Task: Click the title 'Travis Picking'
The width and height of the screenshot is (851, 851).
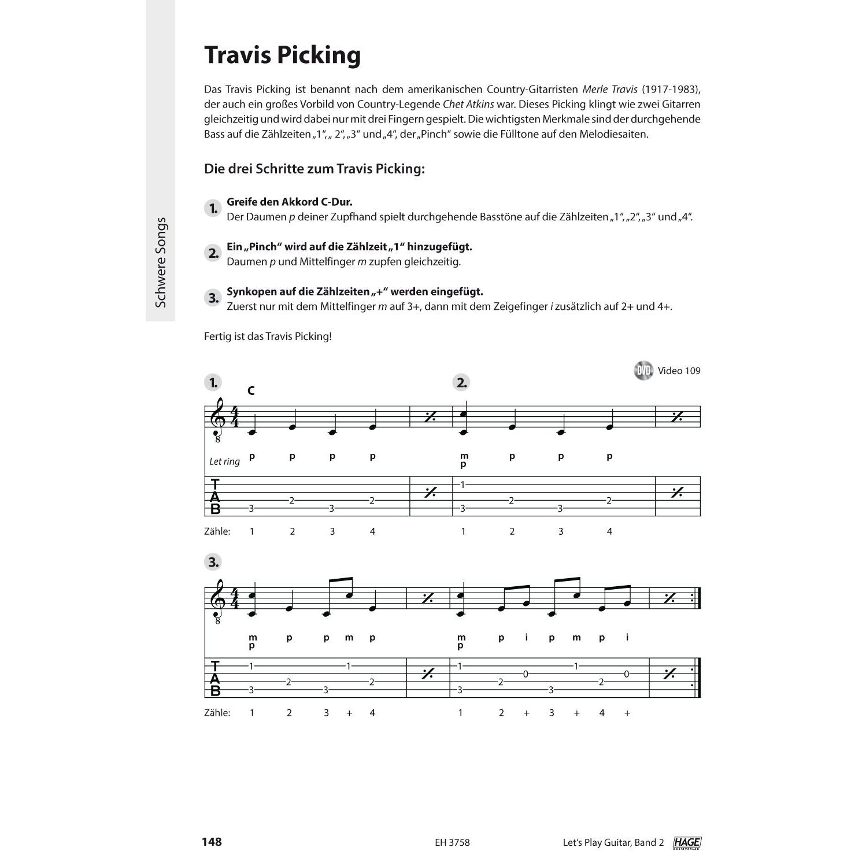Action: (x=283, y=55)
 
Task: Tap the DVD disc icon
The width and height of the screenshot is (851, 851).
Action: (x=643, y=371)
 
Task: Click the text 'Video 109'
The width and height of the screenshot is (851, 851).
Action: (x=679, y=371)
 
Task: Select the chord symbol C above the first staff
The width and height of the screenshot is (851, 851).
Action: (x=251, y=391)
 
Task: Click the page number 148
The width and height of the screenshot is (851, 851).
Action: (x=212, y=842)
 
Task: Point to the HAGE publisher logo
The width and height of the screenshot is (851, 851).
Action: (x=687, y=843)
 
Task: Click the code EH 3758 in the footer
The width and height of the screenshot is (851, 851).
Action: (x=452, y=842)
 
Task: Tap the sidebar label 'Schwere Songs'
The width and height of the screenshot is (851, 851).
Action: (x=161, y=262)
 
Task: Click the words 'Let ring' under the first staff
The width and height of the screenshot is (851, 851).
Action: (x=224, y=461)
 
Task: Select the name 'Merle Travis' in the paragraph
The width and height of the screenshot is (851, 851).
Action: (x=609, y=90)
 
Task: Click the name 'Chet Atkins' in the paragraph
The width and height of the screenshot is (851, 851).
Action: (x=468, y=105)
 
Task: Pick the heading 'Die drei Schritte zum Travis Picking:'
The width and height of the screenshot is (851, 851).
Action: (x=314, y=169)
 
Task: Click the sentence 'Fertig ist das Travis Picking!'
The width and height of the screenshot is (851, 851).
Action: (x=268, y=336)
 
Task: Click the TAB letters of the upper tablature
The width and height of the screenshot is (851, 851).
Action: (x=215, y=497)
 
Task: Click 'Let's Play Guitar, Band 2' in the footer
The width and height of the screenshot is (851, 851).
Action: (x=613, y=842)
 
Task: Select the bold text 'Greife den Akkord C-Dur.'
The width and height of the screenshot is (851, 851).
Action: (x=290, y=202)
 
